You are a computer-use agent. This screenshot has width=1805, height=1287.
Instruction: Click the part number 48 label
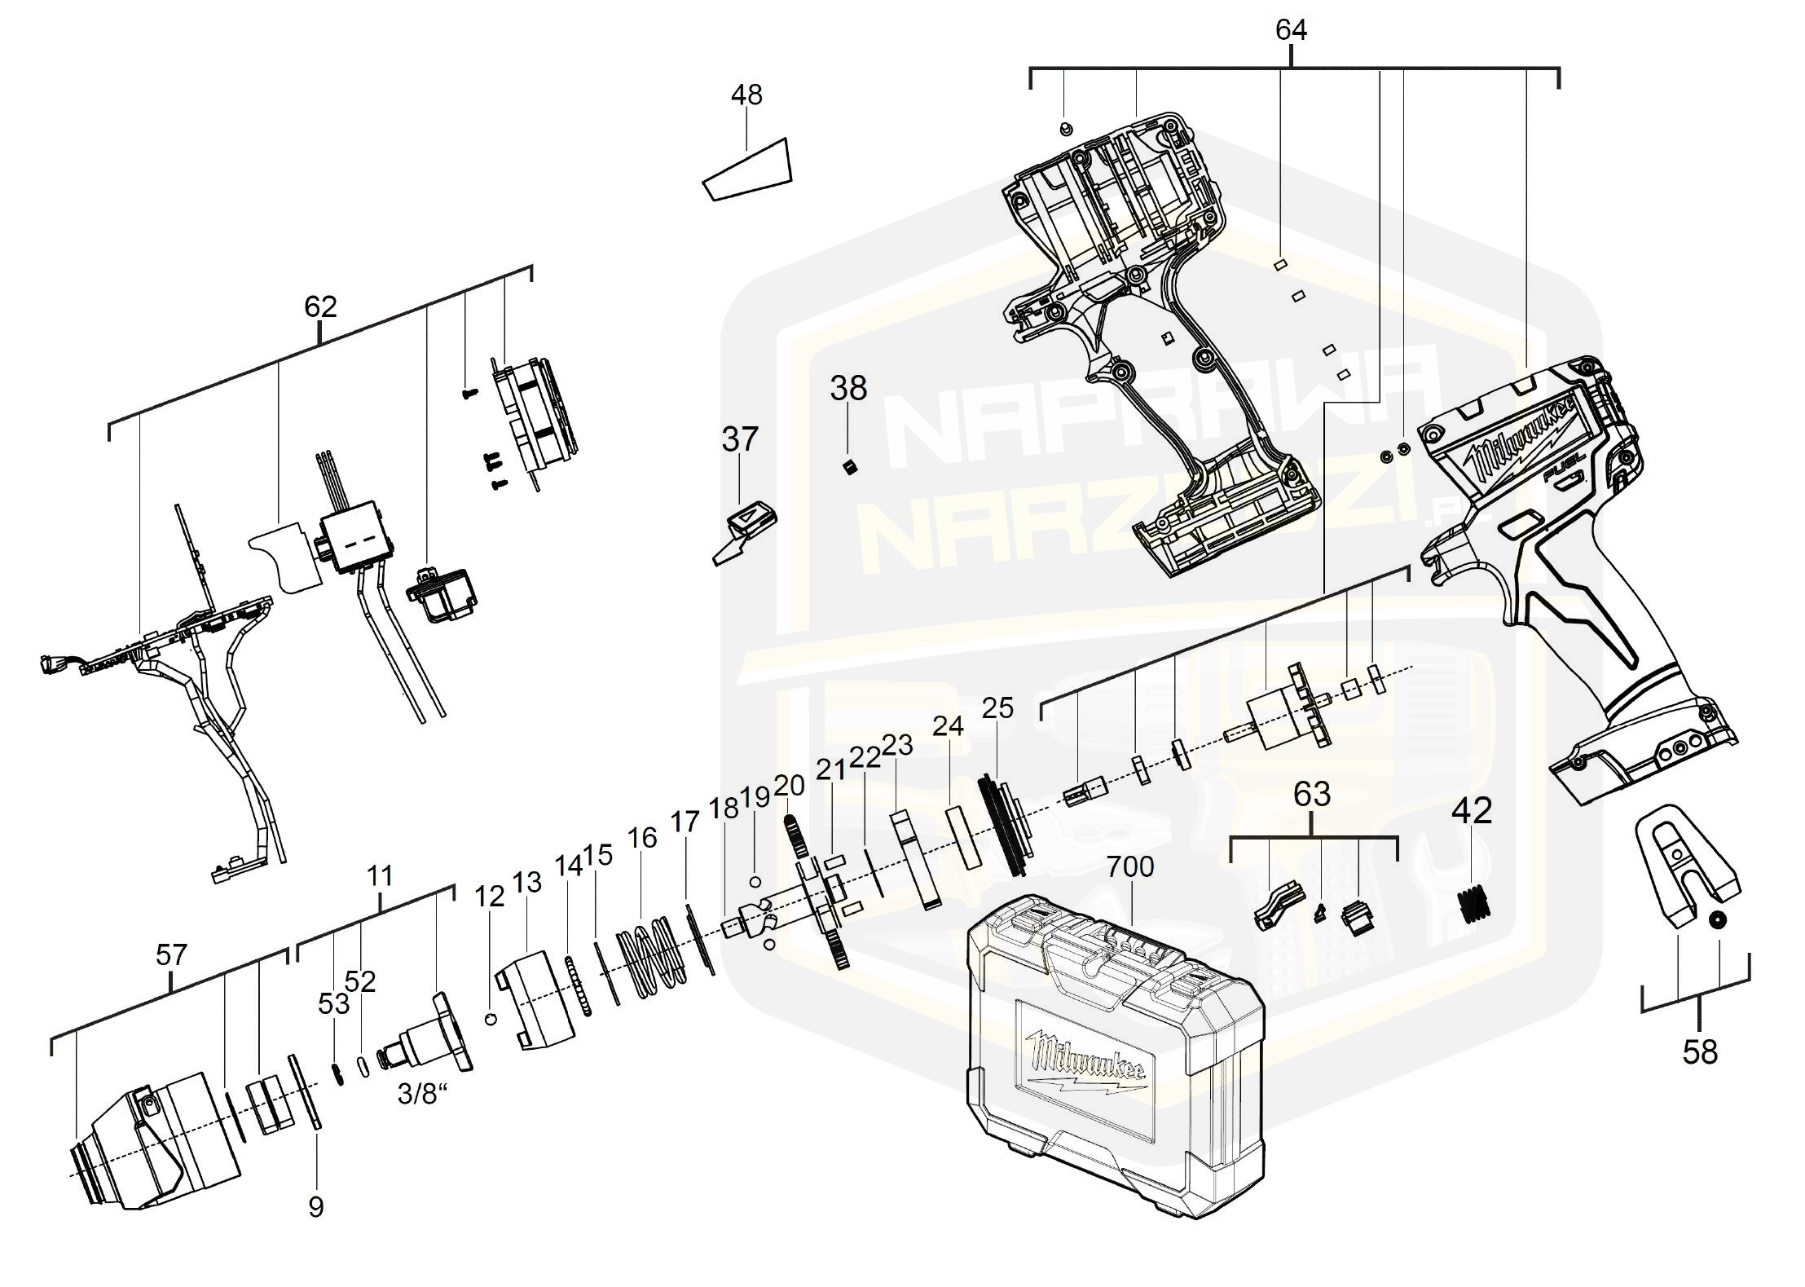coord(746,95)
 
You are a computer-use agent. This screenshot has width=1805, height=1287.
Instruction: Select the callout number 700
coord(1130,866)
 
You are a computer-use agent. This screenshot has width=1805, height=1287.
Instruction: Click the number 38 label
coord(848,389)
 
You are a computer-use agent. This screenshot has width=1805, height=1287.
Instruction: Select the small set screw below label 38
coord(849,467)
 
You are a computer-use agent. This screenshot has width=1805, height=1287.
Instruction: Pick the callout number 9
coord(316,1206)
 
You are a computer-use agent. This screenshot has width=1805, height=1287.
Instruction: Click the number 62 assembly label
coord(320,307)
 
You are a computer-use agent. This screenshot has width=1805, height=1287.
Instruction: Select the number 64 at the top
coord(1291,30)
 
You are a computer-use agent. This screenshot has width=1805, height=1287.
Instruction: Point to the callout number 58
coord(1700,1052)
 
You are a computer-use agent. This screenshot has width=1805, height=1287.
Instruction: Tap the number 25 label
coord(997,708)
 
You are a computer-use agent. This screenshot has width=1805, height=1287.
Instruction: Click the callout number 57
coord(172,954)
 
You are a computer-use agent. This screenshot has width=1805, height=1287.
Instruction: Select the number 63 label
coord(1312,793)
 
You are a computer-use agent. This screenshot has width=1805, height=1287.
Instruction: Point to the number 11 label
coord(380,876)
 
